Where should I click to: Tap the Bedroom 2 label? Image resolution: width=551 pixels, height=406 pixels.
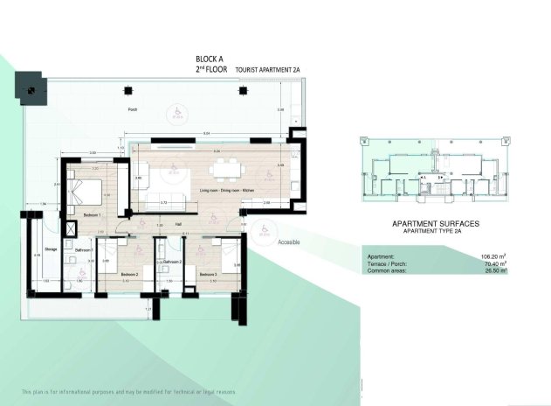[x=130, y=275]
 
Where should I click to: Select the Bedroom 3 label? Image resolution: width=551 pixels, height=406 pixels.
[x=208, y=275]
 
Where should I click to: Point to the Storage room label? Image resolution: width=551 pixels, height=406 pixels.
[x=50, y=249]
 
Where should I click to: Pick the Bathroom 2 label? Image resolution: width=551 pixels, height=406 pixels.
[x=171, y=262]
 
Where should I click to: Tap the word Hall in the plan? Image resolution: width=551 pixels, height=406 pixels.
[x=177, y=224]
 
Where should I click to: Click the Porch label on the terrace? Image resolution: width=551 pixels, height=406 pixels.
[x=133, y=110]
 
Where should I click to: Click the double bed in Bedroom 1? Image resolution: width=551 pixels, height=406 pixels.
[x=85, y=192]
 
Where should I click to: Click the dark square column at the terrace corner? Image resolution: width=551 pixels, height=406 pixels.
[x=31, y=87]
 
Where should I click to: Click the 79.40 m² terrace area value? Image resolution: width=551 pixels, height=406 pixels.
[x=494, y=263]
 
